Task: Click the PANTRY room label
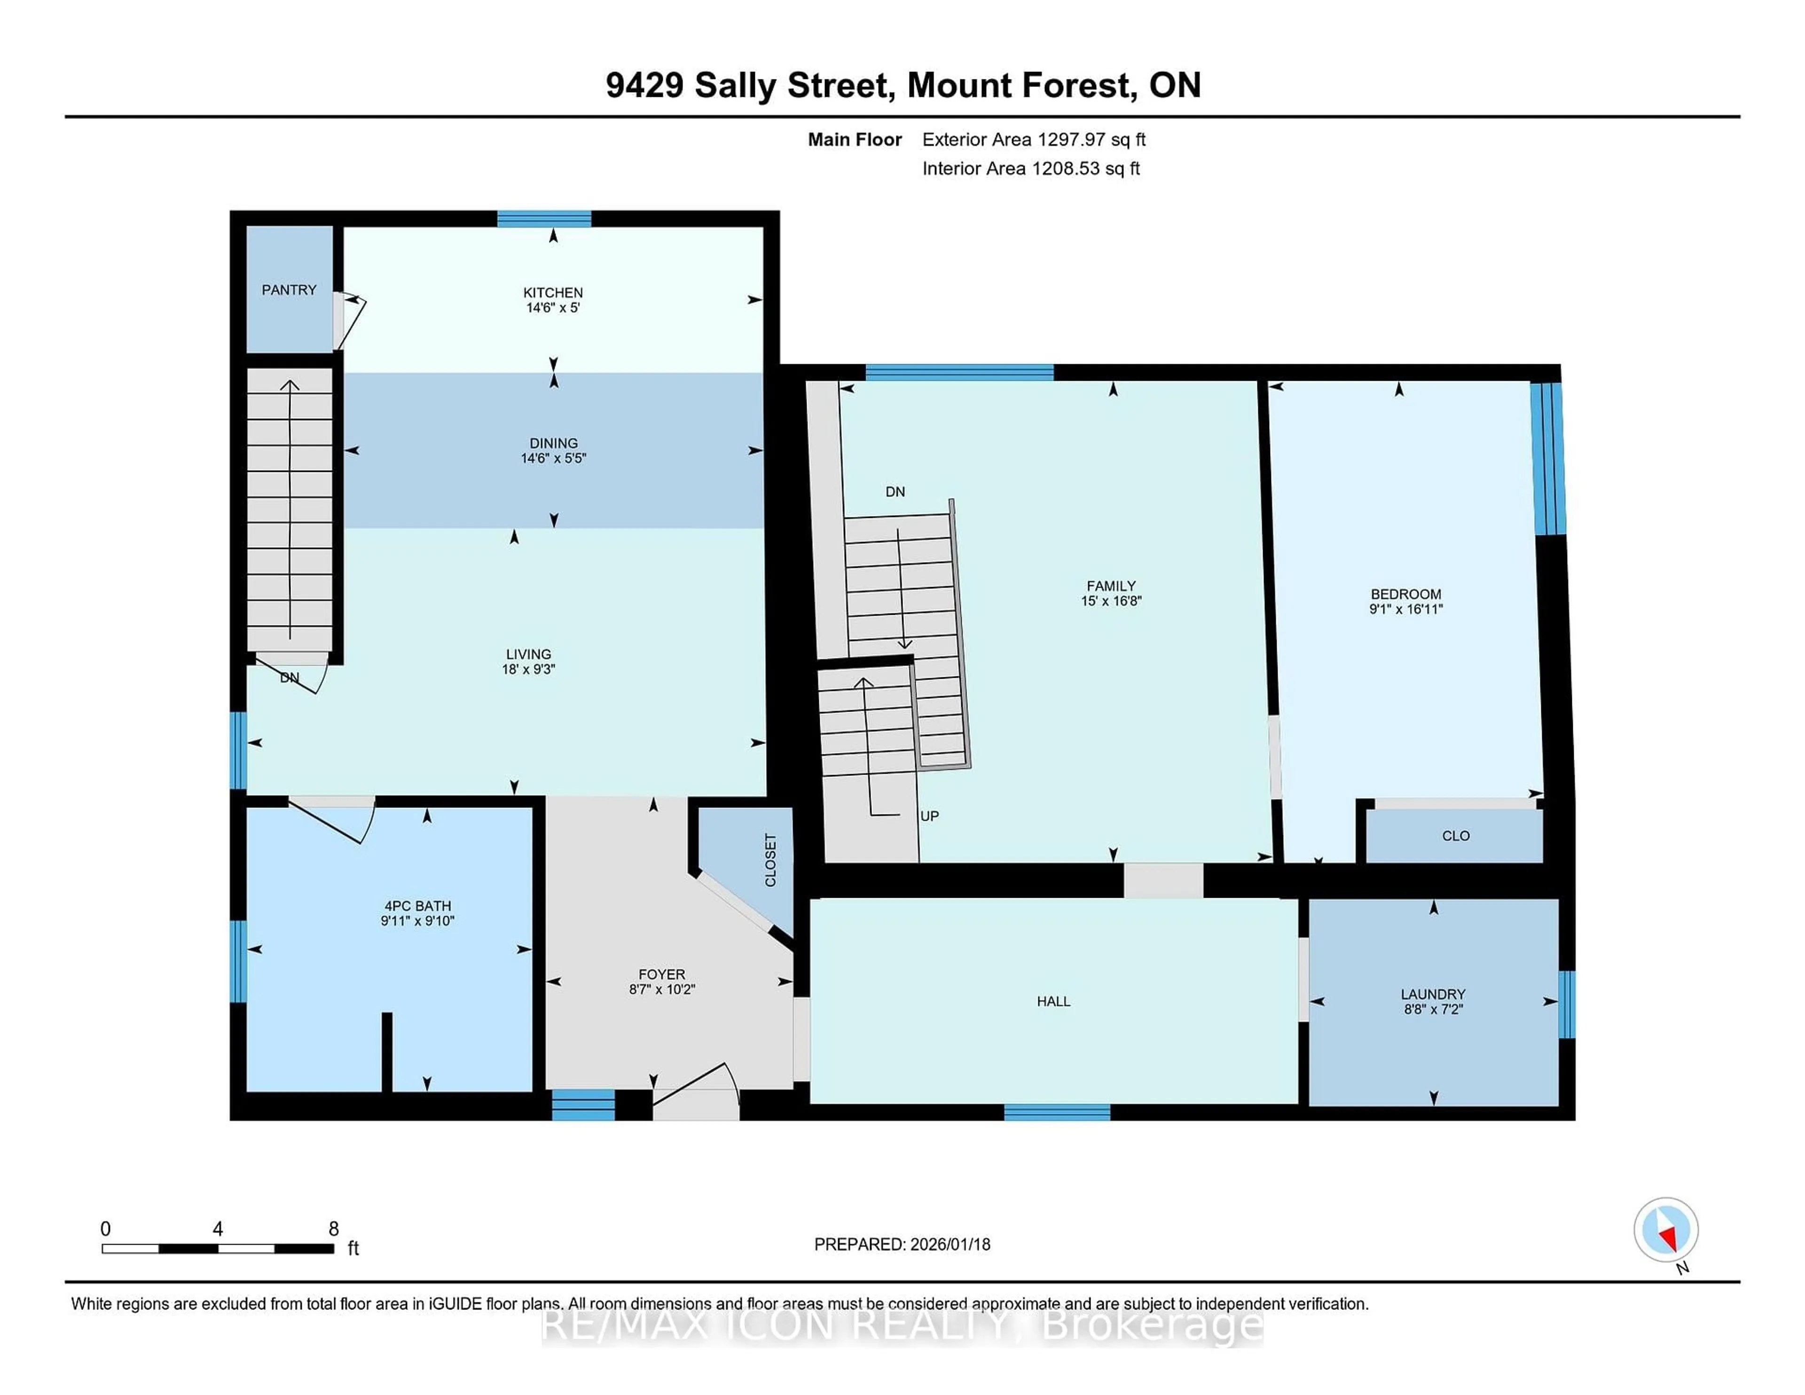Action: pos(289,289)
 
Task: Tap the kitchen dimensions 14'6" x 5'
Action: pos(553,307)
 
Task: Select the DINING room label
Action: pos(554,443)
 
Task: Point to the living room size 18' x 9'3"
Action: pos(528,669)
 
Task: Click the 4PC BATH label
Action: pos(417,906)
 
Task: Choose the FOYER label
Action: pos(661,974)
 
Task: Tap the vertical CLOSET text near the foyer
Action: pos(770,860)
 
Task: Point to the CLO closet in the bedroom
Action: pos(1455,836)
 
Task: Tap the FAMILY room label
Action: pos(1111,586)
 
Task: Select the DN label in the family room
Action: pos(895,492)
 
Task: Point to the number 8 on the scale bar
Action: pos(334,1229)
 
